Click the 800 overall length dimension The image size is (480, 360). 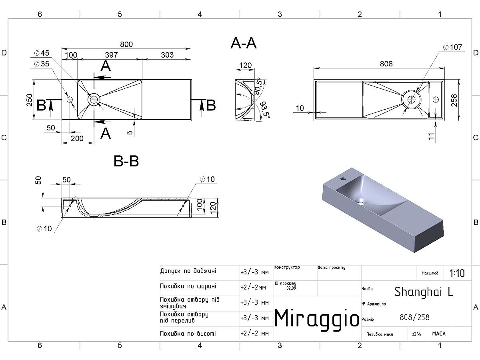tap(126, 44)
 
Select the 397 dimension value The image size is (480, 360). tap(111, 55)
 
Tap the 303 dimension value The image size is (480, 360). tap(167, 55)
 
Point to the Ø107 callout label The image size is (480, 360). tap(452, 47)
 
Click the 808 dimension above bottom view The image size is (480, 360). tap(386, 64)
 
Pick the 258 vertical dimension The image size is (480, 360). tap(454, 100)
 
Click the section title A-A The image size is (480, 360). tap(243, 43)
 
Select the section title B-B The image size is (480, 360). tap(126, 161)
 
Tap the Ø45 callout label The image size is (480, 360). tap(42, 53)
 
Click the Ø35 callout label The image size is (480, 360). tap(42, 64)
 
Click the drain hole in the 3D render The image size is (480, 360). tap(360, 201)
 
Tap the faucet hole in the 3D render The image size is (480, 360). tap(343, 179)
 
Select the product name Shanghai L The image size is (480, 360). tap(424, 292)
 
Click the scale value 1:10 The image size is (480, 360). tap(457, 273)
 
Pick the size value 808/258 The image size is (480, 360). tap(414, 317)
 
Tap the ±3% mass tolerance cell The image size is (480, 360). tap(416, 334)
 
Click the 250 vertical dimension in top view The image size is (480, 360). tap(29, 100)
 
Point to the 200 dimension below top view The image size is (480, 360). tap(77, 138)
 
